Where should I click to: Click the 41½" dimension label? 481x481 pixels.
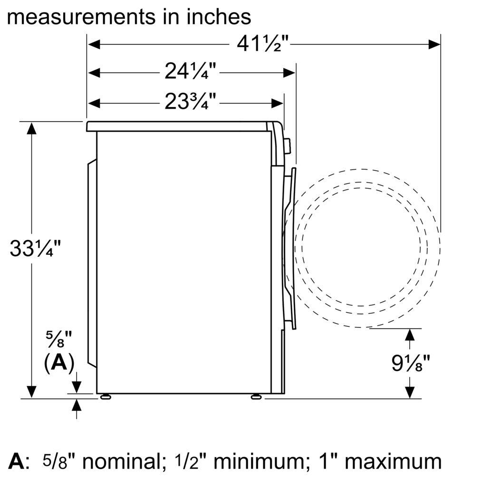[263, 44]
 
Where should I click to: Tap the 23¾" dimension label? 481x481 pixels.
[190, 102]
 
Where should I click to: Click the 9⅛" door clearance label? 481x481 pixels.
[411, 363]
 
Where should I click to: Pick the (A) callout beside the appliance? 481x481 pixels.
[59, 363]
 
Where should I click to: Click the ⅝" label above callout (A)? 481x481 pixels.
[59, 339]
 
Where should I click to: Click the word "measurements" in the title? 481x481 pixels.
[81, 18]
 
